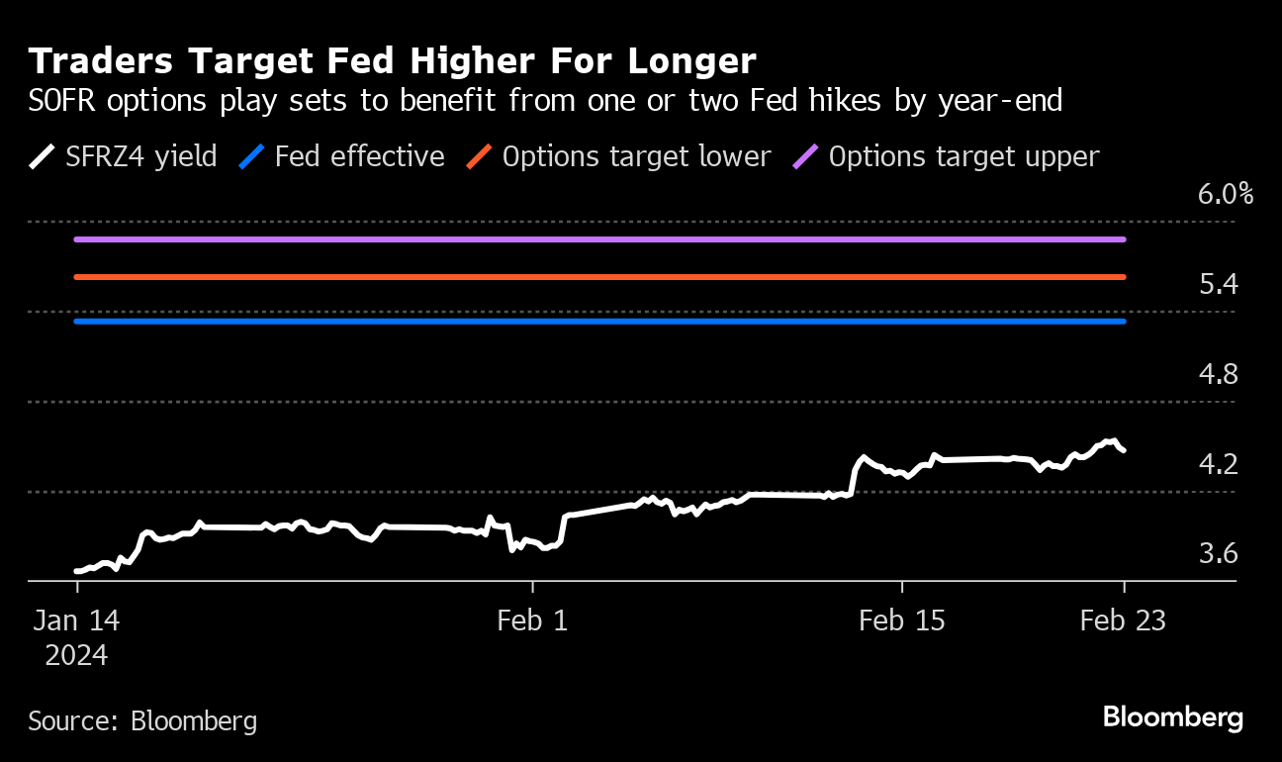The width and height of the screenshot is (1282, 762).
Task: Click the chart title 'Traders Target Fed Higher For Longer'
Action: pos(392,61)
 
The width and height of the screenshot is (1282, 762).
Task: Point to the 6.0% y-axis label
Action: pos(1226,194)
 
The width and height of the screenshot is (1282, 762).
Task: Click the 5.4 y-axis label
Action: pos(1218,285)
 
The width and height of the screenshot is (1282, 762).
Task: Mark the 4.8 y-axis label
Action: pos(1218,374)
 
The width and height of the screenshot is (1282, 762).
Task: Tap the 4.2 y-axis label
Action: pos(1218,463)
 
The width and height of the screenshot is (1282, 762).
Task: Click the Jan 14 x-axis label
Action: pos(77,621)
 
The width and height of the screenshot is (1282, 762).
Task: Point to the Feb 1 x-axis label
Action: pos(533,621)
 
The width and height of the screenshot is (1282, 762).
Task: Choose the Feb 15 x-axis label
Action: pos(902,621)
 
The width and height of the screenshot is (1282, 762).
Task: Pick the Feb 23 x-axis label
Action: pos(1123,621)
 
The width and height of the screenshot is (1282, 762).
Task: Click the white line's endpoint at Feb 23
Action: pos(1123,450)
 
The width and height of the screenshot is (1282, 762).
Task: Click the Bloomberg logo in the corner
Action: pos(1173,717)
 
